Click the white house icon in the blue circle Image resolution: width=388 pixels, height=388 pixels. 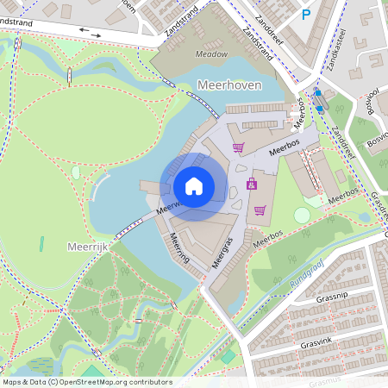(x=193, y=185)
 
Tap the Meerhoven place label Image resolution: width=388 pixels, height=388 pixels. (x=228, y=84)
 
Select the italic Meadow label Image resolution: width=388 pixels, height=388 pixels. (x=210, y=53)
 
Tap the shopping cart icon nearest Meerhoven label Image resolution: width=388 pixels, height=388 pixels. (x=237, y=147)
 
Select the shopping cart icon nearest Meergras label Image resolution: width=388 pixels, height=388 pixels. (x=260, y=210)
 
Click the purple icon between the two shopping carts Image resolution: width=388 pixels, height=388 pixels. (x=251, y=183)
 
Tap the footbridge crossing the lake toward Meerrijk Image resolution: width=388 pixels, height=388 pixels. (x=130, y=228)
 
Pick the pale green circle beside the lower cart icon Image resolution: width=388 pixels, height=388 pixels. (x=302, y=215)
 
